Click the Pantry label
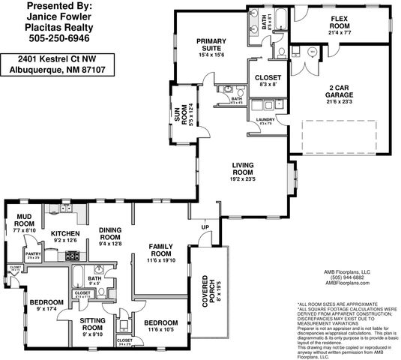coord(33,255)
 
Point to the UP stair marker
coord(205,226)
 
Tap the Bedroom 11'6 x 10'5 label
coord(160,325)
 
